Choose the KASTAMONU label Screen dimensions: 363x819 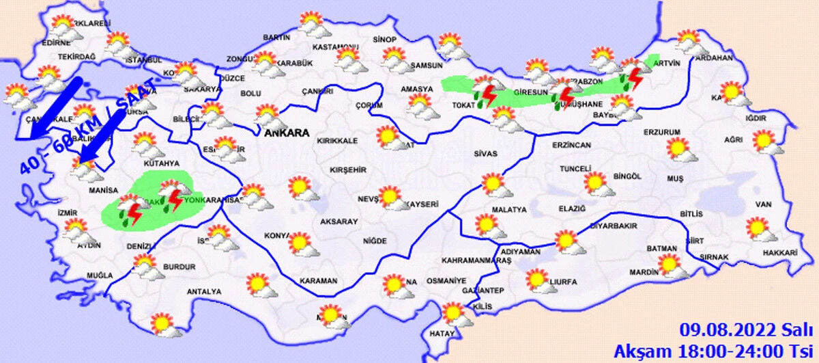click(335, 47)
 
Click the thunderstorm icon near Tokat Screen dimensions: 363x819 click(487, 94)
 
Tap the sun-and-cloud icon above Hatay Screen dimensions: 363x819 click(454, 315)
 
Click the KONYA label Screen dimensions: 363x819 click(277, 236)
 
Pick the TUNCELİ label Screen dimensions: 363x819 click(574, 169)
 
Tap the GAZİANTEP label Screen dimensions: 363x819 click(480, 291)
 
